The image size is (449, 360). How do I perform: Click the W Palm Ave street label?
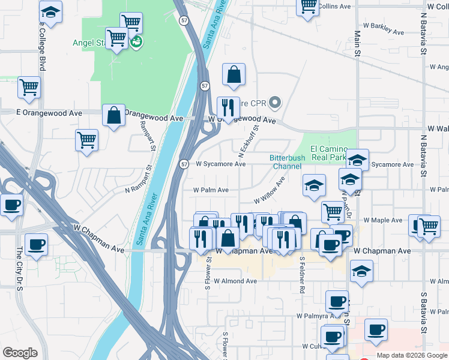211,190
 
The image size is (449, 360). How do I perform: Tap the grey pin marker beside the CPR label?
276,103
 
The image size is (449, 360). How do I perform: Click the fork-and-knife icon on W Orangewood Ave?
228,107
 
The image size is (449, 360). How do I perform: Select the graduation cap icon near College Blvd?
50,11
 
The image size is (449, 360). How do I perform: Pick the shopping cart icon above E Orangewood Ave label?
29,87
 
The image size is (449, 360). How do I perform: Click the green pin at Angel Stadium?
136,41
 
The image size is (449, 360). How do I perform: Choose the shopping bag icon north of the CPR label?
234,74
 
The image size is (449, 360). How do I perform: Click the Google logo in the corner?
20,353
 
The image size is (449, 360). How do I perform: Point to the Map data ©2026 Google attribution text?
412,355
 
